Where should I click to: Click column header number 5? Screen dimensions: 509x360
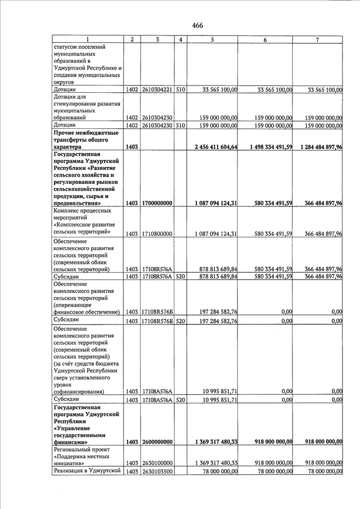212,39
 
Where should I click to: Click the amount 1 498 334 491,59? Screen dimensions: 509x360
266,147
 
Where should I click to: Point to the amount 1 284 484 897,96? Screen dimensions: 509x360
318,147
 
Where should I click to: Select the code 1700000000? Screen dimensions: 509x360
156,203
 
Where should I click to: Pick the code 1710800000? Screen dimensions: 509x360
156,233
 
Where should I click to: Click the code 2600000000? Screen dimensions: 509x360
156,443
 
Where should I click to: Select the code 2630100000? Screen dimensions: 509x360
156,463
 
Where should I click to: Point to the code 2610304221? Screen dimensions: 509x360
156,89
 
